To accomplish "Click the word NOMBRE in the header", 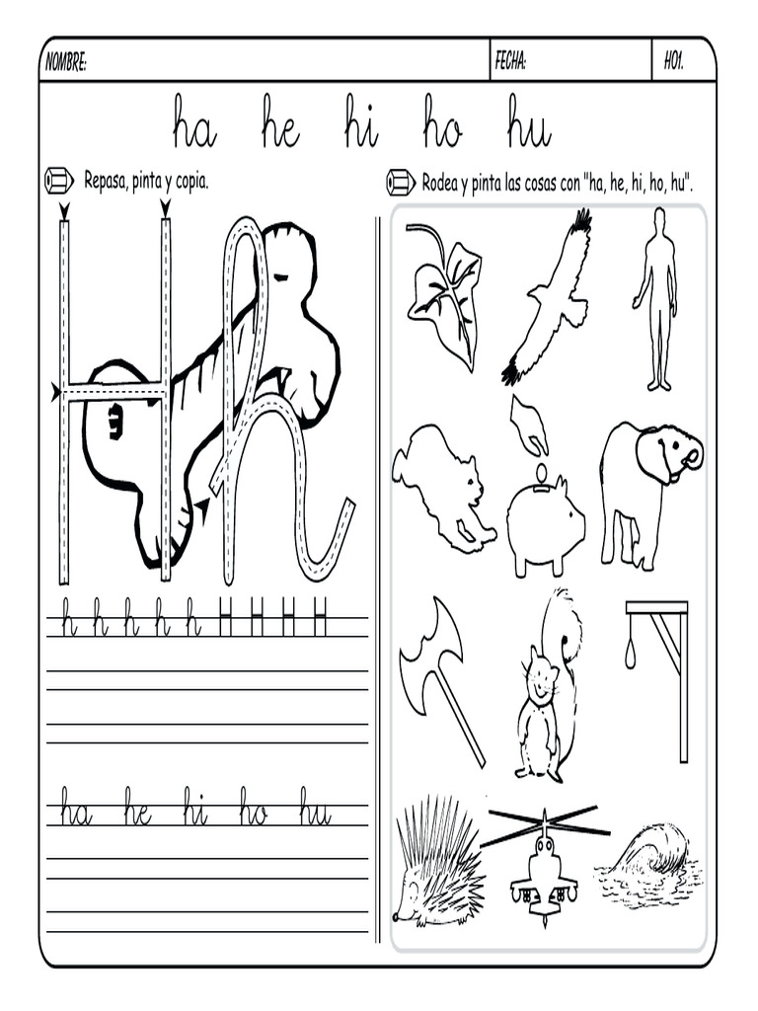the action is pos(66,62).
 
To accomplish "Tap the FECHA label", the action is pos(510,62).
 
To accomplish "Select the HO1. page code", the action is pos(673,62).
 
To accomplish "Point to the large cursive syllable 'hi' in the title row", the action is pos(361,122).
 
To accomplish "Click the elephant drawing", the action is pos(648,495).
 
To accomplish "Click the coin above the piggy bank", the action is pos(542,469).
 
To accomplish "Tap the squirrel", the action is pos(548,687).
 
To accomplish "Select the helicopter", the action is pos(545,864).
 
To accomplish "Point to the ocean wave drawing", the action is pos(647,861).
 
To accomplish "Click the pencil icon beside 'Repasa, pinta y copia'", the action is pos(58,181).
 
